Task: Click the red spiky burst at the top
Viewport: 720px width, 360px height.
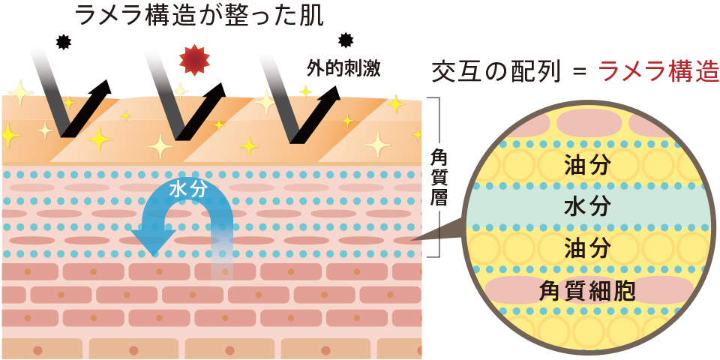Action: [193, 59]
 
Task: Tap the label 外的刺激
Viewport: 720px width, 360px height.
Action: [343, 70]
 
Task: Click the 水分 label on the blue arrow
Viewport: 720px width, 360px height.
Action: [187, 189]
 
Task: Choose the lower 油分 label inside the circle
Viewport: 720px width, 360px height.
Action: [586, 246]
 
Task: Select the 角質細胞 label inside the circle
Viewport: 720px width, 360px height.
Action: [587, 290]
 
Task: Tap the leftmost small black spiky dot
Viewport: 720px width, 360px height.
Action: [63, 43]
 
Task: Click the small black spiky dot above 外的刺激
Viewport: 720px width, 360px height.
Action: [345, 40]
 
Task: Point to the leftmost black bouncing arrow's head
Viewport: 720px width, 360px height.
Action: [101, 88]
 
